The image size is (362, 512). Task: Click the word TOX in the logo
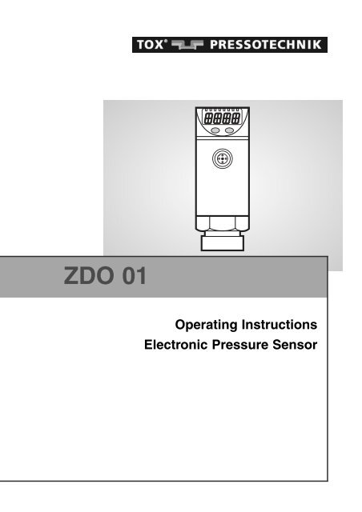click(150, 45)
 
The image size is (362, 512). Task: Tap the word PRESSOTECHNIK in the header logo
click(266, 45)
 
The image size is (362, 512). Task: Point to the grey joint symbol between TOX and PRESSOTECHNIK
click(187, 45)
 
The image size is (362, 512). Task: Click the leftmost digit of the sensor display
click(208, 118)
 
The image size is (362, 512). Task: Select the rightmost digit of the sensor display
click(235, 118)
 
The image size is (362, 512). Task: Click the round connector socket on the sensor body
click(222, 159)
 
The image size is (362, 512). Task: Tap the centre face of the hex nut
click(222, 223)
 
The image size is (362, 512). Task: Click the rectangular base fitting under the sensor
click(223, 243)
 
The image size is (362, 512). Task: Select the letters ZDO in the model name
click(88, 276)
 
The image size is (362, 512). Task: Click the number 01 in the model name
click(135, 276)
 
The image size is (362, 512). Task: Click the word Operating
click(207, 326)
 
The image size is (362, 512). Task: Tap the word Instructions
click(280, 325)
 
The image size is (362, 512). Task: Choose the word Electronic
click(176, 345)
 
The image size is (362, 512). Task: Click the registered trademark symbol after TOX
click(166, 41)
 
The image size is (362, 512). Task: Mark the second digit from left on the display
click(218, 118)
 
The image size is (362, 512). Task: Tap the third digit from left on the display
click(227, 118)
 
